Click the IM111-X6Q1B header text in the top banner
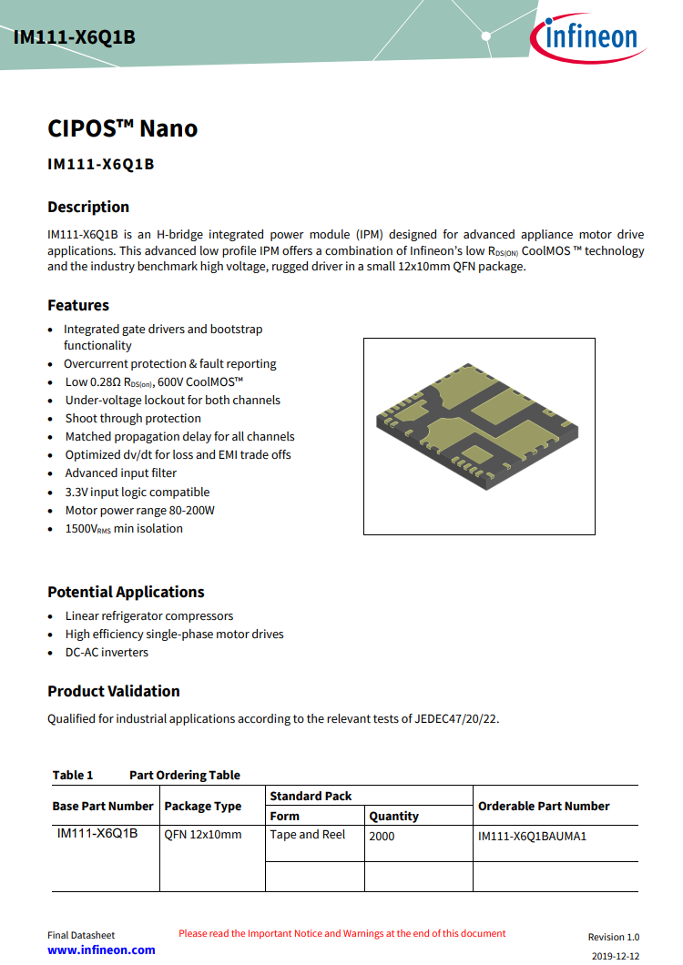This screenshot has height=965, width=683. [x=75, y=37]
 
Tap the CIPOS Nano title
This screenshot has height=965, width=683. [x=122, y=128]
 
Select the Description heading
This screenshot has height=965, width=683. [x=88, y=207]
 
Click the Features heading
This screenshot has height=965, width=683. [x=78, y=305]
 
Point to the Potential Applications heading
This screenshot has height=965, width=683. [x=126, y=592]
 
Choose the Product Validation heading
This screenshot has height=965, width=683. [x=114, y=691]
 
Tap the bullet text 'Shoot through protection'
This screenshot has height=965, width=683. [x=133, y=419]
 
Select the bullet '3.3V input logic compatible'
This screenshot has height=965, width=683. [x=138, y=492]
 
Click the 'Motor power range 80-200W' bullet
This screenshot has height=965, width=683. [x=139, y=511]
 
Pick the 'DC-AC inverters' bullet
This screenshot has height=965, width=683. [x=107, y=653]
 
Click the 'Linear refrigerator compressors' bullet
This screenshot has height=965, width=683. [x=149, y=616]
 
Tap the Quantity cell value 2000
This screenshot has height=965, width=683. [x=382, y=836]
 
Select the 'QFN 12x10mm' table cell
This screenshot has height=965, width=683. [x=203, y=835]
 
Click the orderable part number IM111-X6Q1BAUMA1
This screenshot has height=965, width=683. [x=532, y=836]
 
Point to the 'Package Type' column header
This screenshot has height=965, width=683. [x=203, y=807]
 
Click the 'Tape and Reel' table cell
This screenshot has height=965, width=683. [x=308, y=835]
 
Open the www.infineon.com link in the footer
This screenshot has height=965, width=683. [x=101, y=950]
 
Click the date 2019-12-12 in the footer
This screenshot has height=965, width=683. [x=616, y=956]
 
